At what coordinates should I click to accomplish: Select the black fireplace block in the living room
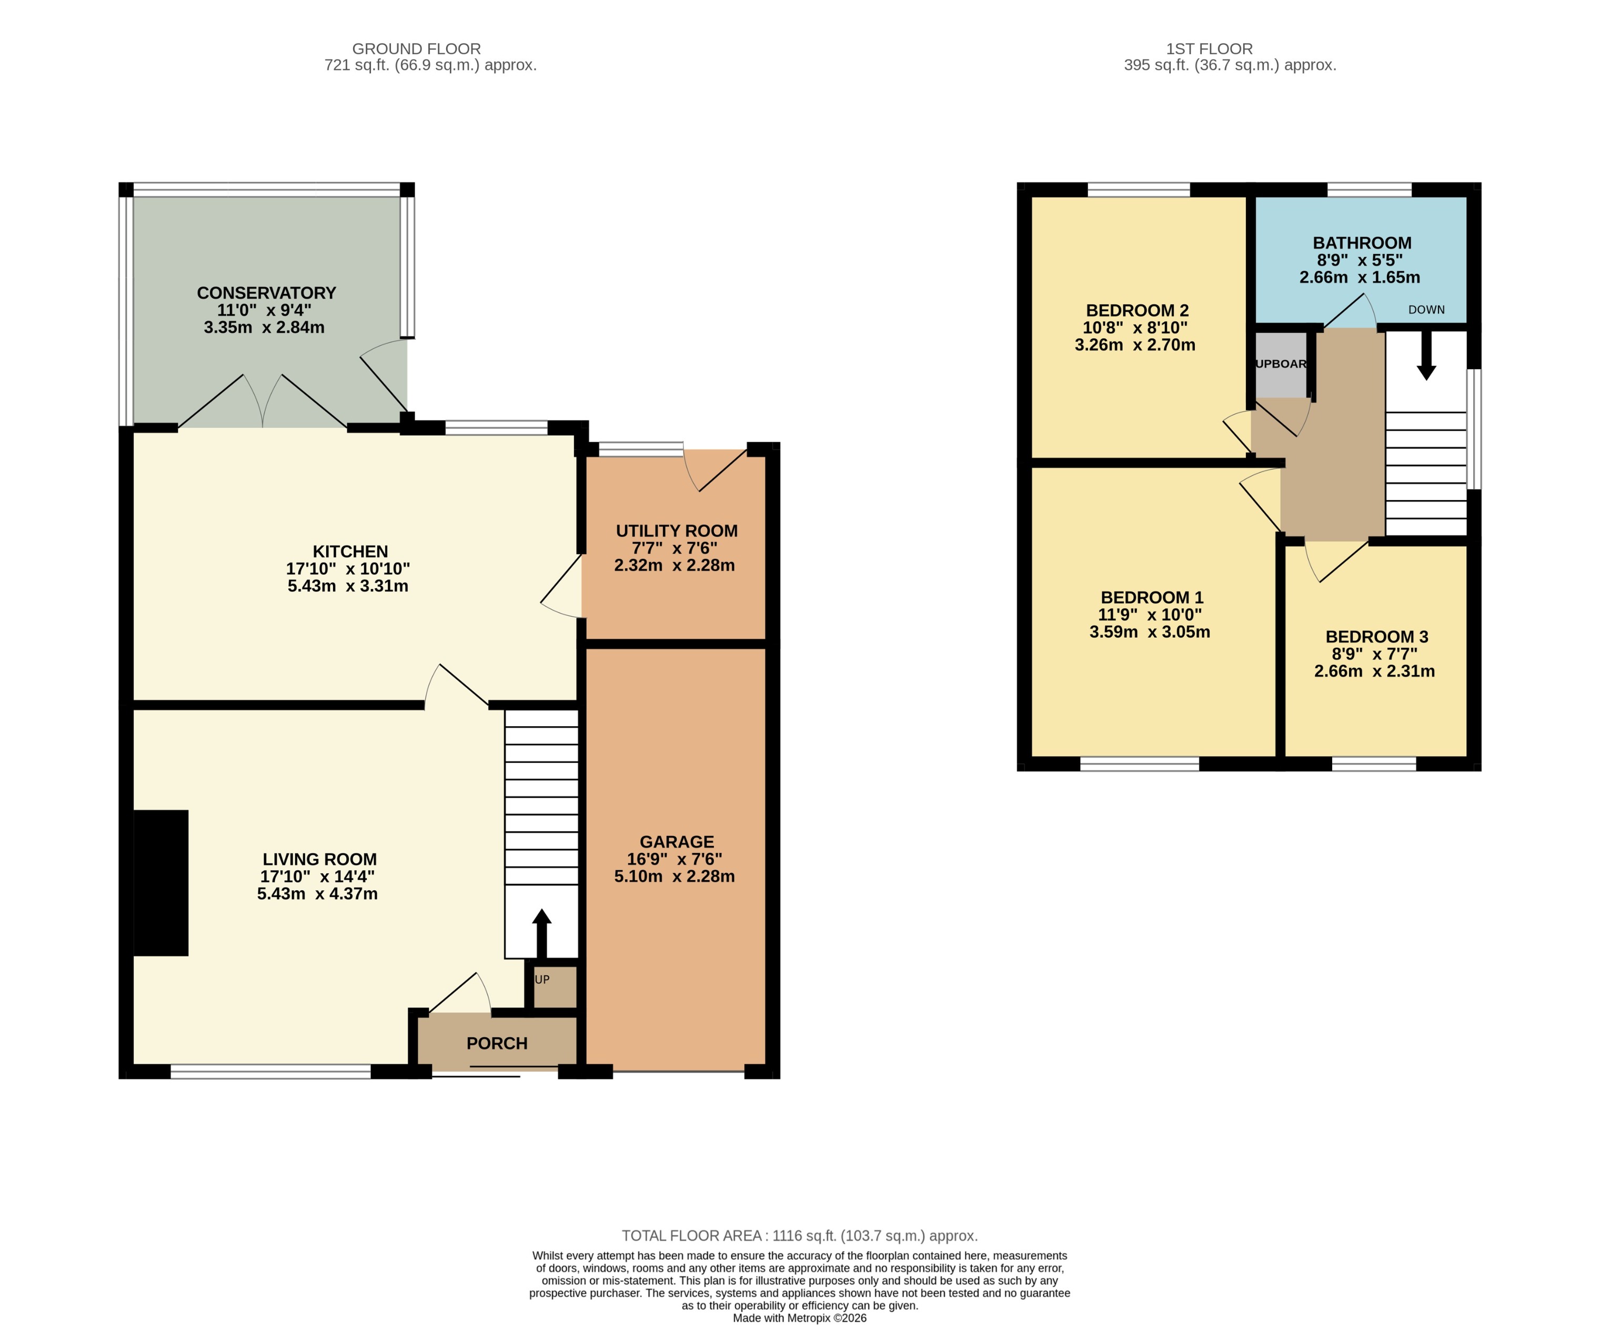[161, 883]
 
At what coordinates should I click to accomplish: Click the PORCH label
[497, 1043]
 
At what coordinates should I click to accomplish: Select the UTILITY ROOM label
[677, 531]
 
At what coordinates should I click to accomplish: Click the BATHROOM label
[1362, 243]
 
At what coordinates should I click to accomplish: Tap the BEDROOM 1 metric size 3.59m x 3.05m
[1149, 631]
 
